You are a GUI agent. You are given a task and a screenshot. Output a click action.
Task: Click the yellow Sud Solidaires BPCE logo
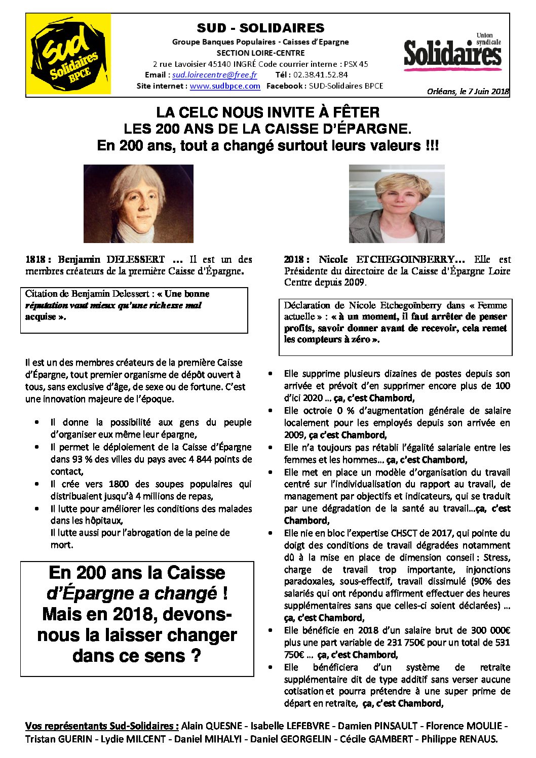[68, 55]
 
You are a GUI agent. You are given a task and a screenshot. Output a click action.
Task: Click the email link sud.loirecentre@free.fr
[214, 75]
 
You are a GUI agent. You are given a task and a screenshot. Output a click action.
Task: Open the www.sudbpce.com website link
[225, 86]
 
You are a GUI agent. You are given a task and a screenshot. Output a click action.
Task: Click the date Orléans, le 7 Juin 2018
[468, 92]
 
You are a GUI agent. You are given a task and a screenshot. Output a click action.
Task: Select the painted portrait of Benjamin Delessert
[138, 204]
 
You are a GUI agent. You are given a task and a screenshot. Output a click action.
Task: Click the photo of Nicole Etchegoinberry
[397, 204]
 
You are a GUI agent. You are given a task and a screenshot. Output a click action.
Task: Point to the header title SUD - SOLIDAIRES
[260, 28]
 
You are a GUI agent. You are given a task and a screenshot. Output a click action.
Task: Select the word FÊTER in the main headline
[354, 112]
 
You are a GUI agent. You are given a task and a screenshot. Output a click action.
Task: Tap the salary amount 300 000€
[485, 630]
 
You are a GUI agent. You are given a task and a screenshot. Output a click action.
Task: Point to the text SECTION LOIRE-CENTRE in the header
[260, 53]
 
